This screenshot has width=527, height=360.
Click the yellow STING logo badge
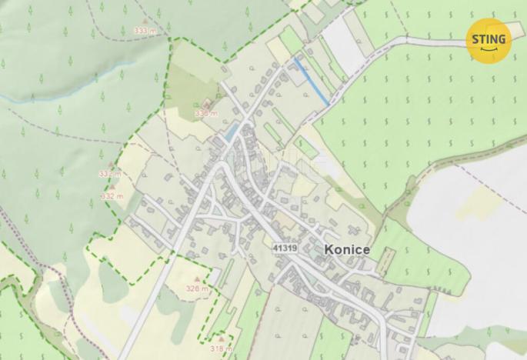click(x=488, y=40)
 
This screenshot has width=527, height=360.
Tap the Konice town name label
click(x=347, y=250)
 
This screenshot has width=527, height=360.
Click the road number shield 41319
click(x=285, y=248)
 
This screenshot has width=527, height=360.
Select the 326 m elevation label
click(x=197, y=288)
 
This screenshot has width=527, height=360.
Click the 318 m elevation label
click(x=221, y=348)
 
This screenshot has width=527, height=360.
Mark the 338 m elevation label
click(x=206, y=113)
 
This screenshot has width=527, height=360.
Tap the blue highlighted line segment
click(x=312, y=81)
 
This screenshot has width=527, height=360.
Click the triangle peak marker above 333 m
click(x=145, y=21)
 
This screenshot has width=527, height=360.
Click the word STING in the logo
click(x=488, y=38)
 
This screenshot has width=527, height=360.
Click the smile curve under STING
click(x=488, y=50)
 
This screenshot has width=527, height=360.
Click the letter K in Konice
click(x=329, y=250)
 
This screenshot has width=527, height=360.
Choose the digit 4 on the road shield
click(x=276, y=248)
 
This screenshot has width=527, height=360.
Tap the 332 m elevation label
click(x=112, y=196)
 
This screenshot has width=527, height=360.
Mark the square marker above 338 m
click(x=205, y=104)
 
